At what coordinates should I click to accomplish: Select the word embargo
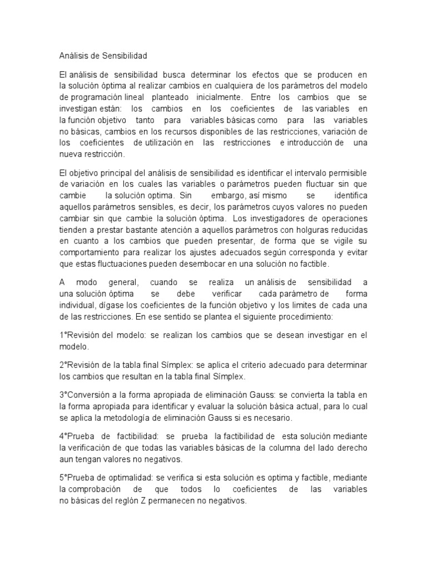click(224, 196)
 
